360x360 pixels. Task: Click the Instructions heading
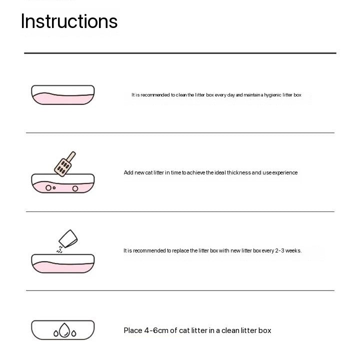[x=69, y=21]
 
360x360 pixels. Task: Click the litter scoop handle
[x=71, y=157]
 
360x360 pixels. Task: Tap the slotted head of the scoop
[x=62, y=167]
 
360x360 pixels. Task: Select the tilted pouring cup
[x=68, y=239]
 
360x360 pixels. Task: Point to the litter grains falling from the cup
[x=59, y=249]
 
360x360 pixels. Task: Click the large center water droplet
[x=64, y=330]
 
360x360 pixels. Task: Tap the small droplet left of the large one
[x=56, y=333]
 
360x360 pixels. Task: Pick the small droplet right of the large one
[x=73, y=333]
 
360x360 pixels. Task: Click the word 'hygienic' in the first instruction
[x=273, y=95]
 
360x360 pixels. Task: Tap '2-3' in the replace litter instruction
[x=280, y=250]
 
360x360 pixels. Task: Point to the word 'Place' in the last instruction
[x=133, y=330]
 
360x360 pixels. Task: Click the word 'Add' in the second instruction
[x=128, y=172]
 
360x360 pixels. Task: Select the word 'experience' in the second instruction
[x=285, y=173]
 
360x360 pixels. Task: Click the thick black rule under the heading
[x=180, y=53]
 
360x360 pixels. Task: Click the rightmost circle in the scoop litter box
[x=75, y=188]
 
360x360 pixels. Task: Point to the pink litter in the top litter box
[x=63, y=98]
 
